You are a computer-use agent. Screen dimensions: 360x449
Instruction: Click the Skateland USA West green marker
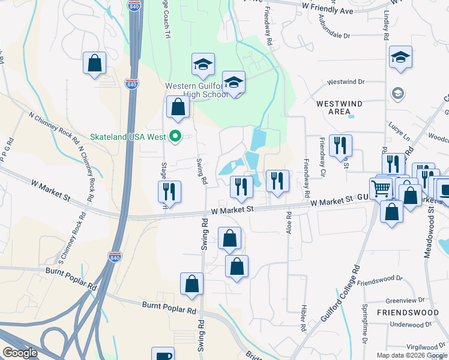(175, 137)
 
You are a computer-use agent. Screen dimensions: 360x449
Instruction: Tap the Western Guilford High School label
(197, 90)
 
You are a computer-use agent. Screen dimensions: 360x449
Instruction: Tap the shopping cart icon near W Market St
(381, 188)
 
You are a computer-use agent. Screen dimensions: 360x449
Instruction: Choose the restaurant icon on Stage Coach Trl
(169, 191)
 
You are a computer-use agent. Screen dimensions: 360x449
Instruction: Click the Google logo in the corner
(20, 352)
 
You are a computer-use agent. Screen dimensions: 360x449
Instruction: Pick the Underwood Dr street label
(406, 325)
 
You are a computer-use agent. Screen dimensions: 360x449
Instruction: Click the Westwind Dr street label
(345, 82)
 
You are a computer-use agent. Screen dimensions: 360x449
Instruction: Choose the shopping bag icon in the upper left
(95, 62)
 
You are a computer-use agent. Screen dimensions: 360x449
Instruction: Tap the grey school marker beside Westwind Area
(397, 93)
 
